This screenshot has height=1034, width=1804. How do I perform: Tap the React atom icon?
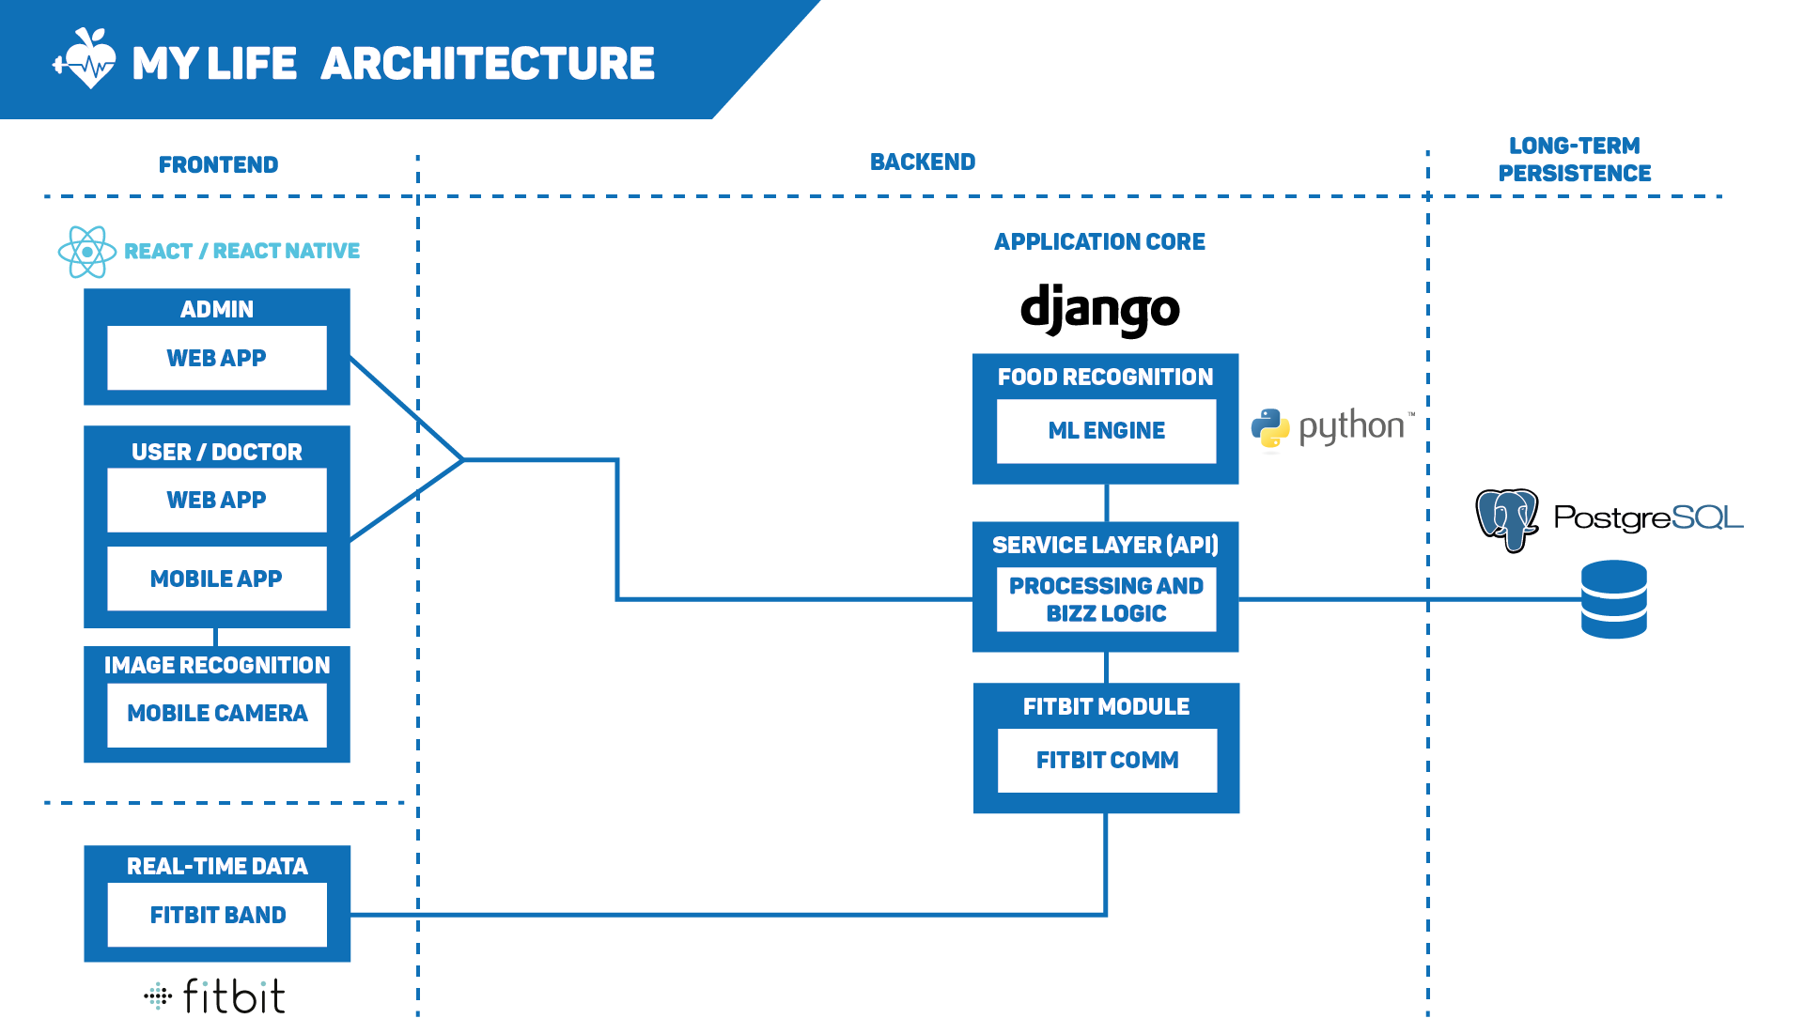tap(86, 252)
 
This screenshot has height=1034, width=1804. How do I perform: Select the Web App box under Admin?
tap(217, 358)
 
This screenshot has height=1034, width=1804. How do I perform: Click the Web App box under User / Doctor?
tap(217, 500)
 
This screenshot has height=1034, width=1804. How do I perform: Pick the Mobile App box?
tap(217, 579)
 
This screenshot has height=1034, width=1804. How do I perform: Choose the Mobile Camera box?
tap(217, 715)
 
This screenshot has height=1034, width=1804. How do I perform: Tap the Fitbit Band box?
tap(217, 915)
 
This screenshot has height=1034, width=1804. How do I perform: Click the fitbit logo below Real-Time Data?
tap(215, 996)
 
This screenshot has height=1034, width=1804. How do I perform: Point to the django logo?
tap(1100, 309)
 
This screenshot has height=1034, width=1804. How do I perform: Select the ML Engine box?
tap(1107, 431)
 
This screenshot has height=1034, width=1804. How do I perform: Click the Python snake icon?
tap(1270, 428)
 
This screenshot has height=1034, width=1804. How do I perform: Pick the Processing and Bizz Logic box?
tap(1107, 599)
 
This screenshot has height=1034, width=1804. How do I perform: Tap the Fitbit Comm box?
tap(1107, 761)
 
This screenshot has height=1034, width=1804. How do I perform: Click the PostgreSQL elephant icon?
tap(1507, 519)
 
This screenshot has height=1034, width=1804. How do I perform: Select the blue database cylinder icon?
tap(1614, 599)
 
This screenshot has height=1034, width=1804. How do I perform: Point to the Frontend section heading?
tap(219, 165)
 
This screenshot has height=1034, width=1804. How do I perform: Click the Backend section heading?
tap(923, 162)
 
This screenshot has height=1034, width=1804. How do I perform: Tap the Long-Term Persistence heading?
tap(1575, 160)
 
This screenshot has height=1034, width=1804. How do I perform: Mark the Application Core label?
tap(1100, 242)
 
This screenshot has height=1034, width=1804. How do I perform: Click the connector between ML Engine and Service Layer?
tap(1107, 503)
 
